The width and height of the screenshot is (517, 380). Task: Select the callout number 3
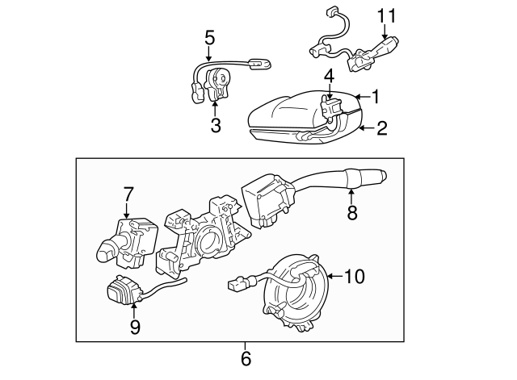pyautogui.click(x=216, y=124)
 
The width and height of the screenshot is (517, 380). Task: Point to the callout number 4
pyautogui.click(x=329, y=77)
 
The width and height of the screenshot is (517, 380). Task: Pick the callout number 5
pyautogui.click(x=209, y=36)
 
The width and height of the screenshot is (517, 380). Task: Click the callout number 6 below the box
pyautogui.click(x=246, y=357)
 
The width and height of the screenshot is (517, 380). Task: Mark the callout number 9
pyautogui.click(x=135, y=326)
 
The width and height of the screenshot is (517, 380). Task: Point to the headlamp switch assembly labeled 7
pyautogui.click(x=129, y=242)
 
